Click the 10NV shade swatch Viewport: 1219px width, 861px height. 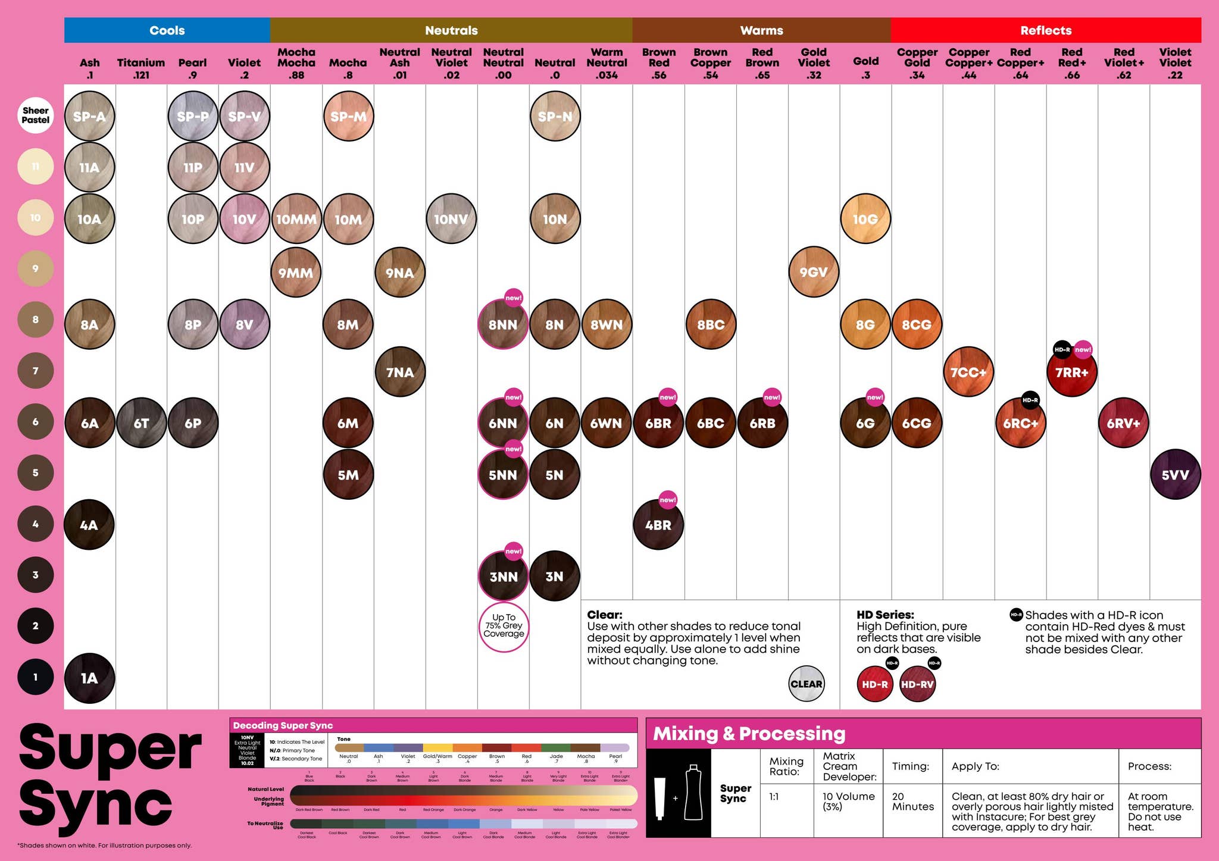(451, 219)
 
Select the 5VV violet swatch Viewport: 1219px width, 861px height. (1175, 474)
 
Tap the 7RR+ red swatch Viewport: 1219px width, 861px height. (1071, 372)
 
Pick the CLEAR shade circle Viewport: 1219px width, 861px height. (806, 684)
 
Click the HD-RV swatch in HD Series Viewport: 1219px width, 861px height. (917, 684)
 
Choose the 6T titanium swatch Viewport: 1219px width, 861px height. (141, 423)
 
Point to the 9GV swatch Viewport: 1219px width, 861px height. (813, 272)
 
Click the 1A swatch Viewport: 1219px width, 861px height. (89, 678)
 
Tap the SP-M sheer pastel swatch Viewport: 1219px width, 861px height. (348, 116)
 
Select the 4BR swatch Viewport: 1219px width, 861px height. (658, 525)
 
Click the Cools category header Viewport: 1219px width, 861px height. (167, 30)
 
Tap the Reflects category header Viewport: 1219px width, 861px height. (1045, 30)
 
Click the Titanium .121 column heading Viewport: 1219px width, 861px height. (141, 68)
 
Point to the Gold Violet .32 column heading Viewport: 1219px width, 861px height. (813, 63)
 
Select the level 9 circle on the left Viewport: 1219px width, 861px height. (36, 268)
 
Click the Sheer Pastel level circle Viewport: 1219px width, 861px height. (36, 115)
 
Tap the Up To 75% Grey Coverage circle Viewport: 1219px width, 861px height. (504, 626)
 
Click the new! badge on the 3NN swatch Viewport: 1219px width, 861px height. (513, 551)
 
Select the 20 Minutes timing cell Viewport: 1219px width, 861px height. (912, 801)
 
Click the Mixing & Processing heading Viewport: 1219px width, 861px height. (749, 734)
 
